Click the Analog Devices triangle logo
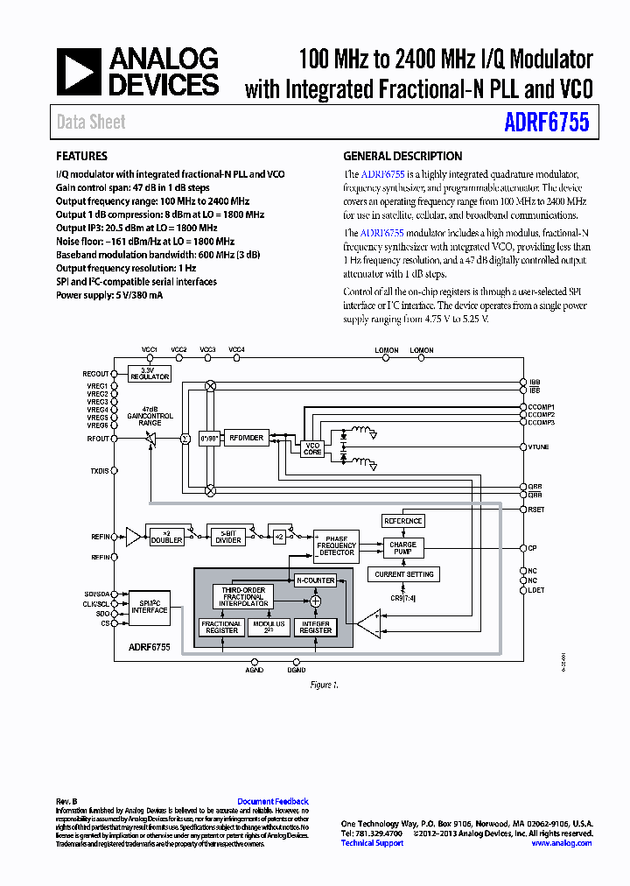80,72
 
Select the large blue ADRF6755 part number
547,122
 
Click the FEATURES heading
81,157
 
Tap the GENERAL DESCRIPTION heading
402,157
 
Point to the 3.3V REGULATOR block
150,373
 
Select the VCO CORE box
312,449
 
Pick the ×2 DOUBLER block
166,537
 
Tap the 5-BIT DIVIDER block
228,537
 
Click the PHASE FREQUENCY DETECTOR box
337,545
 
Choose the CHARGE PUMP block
403,548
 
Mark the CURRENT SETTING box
402,574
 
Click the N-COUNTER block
315,580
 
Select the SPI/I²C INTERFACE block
150,607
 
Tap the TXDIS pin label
99,471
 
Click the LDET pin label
536,590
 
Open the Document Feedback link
273,801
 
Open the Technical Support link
372,843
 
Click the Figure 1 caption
323,685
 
